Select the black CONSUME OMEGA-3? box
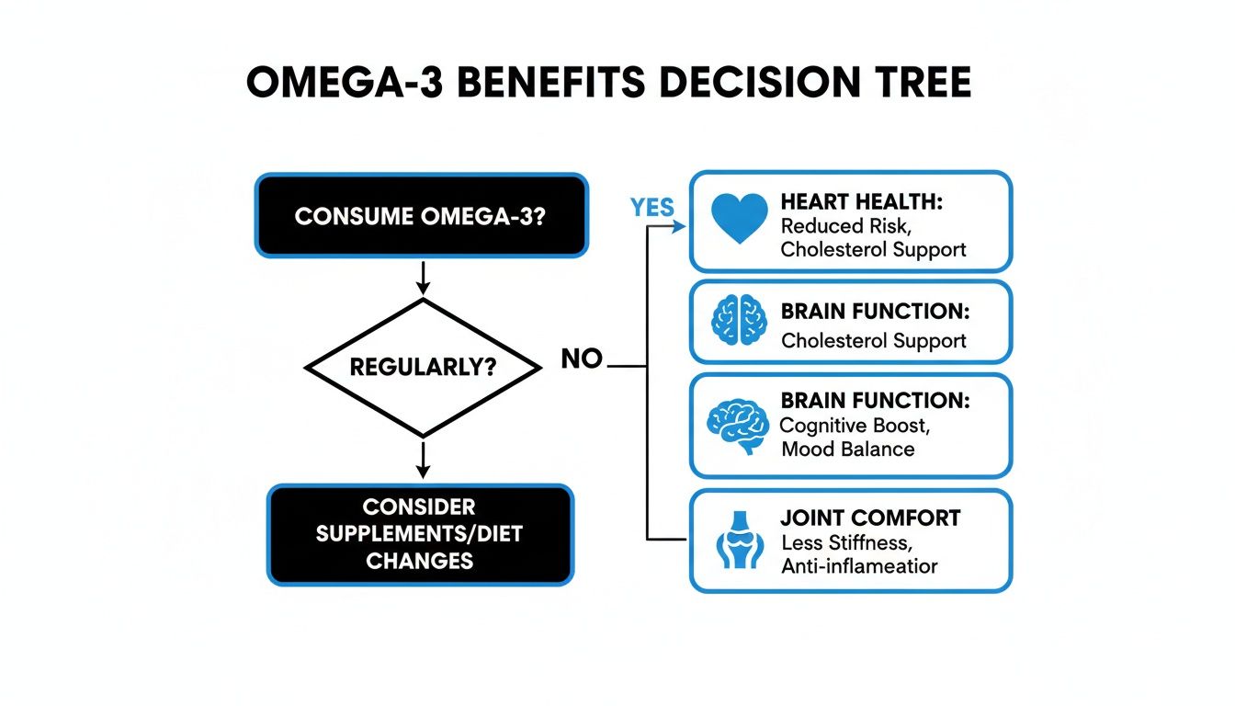(x=421, y=216)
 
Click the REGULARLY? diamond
(x=423, y=368)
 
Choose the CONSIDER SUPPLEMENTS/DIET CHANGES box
(x=420, y=534)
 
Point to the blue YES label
(x=652, y=209)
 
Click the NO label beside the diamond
(x=582, y=359)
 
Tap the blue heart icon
(x=740, y=219)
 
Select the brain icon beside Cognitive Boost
(x=736, y=424)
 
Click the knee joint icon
(x=739, y=540)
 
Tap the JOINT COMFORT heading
(x=869, y=518)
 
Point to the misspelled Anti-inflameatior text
(x=859, y=566)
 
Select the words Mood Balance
(x=847, y=450)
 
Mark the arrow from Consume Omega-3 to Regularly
(x=422, y=277)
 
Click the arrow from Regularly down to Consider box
(x=422, y=459)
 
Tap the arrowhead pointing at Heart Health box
(x=679, y=227)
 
